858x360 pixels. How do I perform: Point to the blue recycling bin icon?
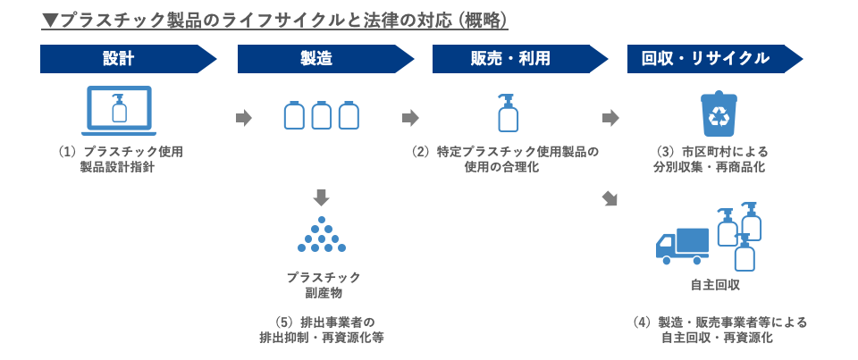coord(719,114)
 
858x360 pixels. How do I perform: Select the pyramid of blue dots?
coord(322,235)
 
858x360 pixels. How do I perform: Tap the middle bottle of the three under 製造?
coord(322,115)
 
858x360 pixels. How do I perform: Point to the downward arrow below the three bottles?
coord(322,197)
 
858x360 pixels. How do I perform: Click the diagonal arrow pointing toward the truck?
coord(611,198)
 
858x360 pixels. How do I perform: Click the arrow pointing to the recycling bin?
coord(611,117)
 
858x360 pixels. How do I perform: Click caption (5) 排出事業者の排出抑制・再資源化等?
coord(322,330)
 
